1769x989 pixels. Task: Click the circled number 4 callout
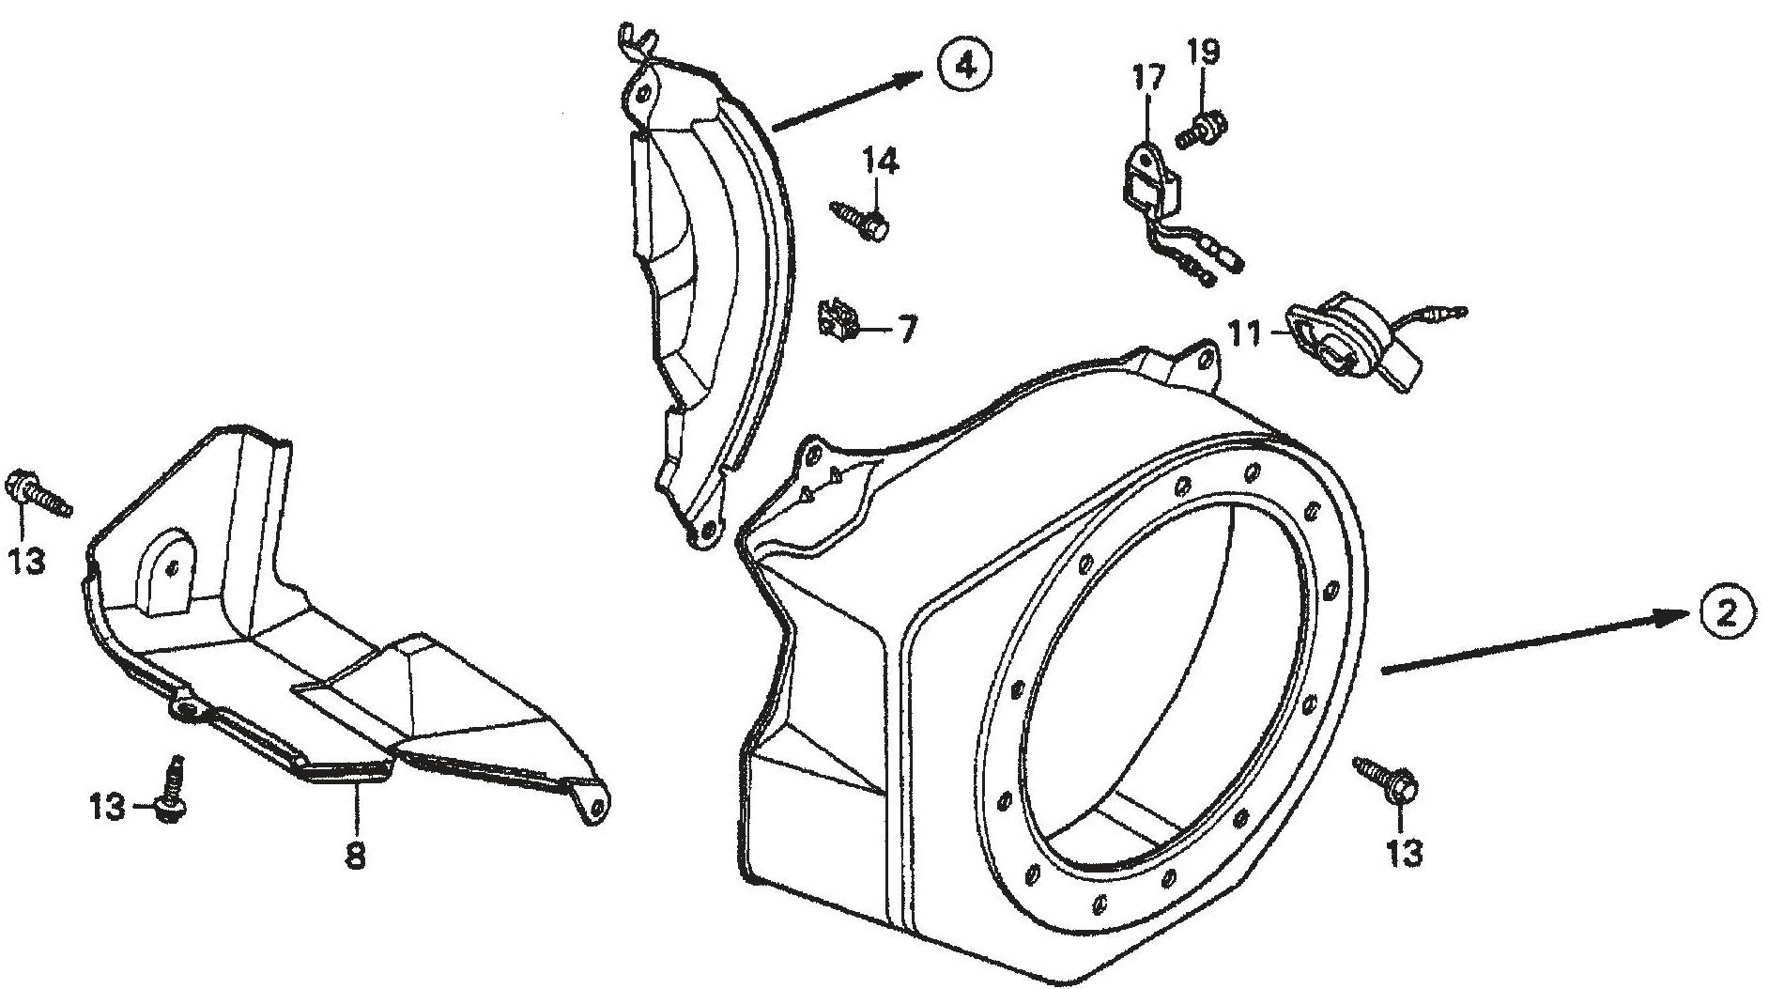962,64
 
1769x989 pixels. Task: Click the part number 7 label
906,331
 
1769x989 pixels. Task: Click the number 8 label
356,857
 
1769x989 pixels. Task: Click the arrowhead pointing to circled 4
905,81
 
